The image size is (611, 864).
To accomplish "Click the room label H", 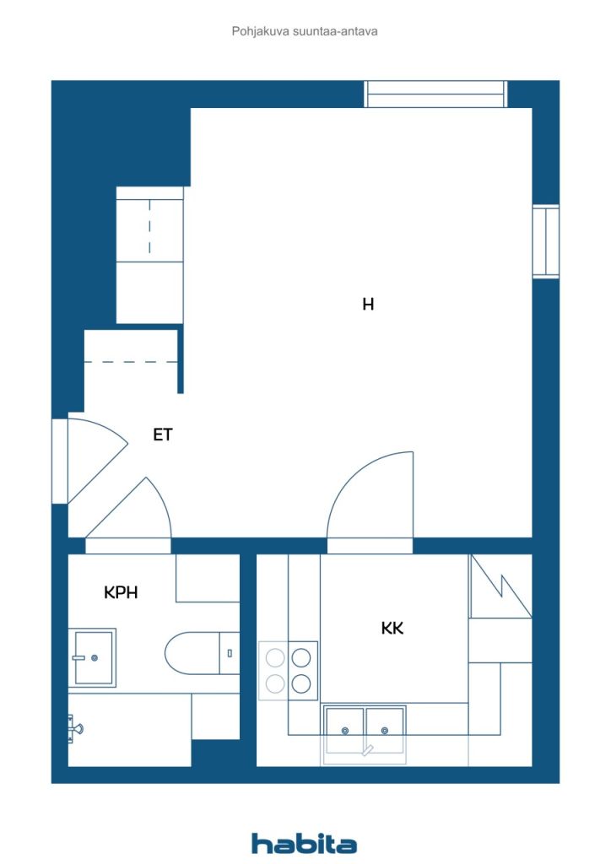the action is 368,304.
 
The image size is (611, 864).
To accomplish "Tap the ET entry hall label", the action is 163,435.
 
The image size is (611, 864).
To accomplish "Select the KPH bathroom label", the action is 121,592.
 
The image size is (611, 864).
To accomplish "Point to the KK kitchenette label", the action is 392,628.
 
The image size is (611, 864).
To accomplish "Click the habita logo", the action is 304,843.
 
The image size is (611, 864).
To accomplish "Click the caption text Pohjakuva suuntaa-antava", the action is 305,31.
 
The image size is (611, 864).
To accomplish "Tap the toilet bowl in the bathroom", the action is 192,653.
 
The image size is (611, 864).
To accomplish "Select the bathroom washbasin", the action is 93,657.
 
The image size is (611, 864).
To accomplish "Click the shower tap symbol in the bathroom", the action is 74,728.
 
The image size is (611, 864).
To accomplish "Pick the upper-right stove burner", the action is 300,657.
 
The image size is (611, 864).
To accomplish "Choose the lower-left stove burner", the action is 275,683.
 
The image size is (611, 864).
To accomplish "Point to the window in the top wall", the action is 435,94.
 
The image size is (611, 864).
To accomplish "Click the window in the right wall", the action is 545,240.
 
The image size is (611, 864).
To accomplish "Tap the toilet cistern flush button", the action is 230,653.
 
